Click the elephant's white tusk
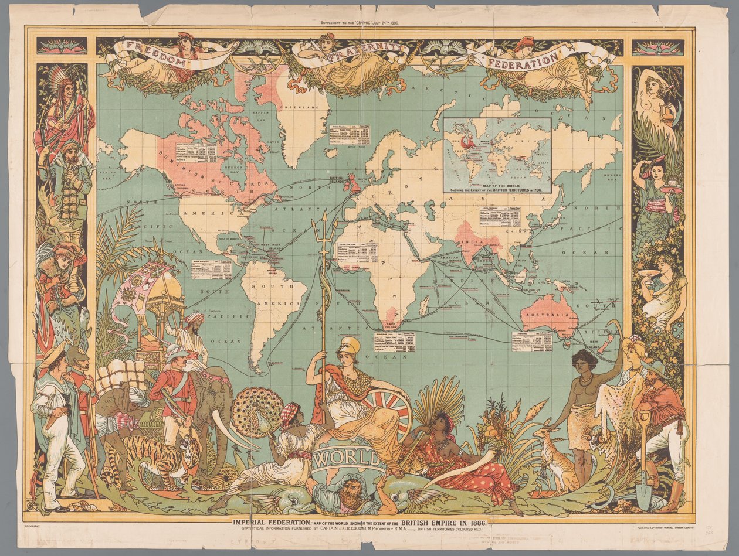click(232, 431)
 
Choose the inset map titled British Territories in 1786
click(497, 155)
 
